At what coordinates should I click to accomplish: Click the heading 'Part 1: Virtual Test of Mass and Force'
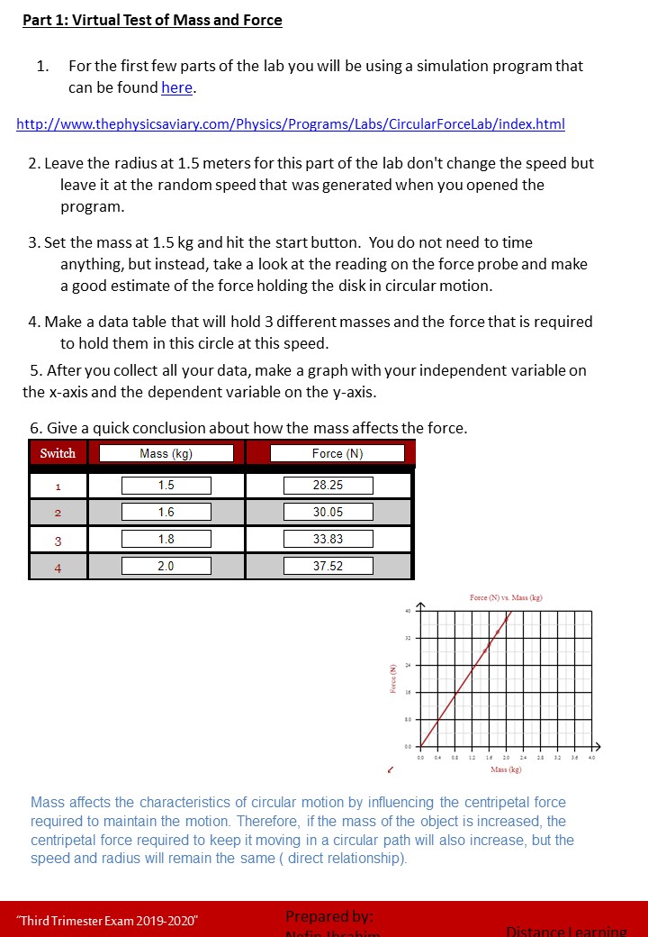[x=152, y=20]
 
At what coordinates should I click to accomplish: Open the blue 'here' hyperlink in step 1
[x=176, y=87]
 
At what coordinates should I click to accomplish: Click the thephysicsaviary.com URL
[x=291, y=123]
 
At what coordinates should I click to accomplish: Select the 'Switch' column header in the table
[x=58, y=453]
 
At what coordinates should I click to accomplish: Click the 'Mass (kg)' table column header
[x=166, y=453]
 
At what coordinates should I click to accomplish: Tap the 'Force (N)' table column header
[x=337, y=453]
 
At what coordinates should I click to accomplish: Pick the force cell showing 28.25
[x=328, y=486]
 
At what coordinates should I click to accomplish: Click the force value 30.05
[x=328, y=513]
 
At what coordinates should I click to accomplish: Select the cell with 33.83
[x=328, y=540]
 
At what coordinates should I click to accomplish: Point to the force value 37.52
[x=328, y=567]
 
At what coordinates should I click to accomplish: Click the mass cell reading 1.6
[x=166, y=513]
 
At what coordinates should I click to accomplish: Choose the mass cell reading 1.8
[x=166, y=540]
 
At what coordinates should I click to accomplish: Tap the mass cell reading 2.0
[x=166, y=567]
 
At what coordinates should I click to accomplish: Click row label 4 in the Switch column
[x=58, y=568]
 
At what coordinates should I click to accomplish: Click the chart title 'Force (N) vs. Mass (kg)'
[x=505, y=598]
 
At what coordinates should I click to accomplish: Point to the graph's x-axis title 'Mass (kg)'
[x=505, y=769]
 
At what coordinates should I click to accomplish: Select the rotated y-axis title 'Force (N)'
[x=393, y=678]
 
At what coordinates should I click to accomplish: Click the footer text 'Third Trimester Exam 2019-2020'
[x=108, y=920]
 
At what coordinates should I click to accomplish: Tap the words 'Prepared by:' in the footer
[x=328, y=916]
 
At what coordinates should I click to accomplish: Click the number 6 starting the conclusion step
[x=34, y=428]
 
